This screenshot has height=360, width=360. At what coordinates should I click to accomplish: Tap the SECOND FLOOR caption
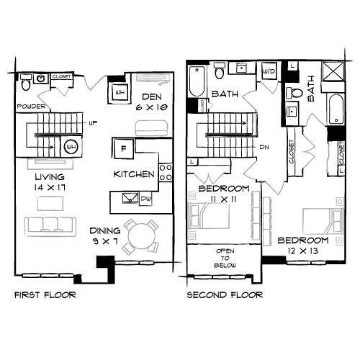[224, 295]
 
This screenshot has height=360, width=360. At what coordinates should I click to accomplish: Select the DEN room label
[150, 97]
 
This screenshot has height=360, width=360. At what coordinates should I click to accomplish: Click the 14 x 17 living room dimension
[49, 187]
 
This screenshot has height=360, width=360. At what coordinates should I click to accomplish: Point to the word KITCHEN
[134, 174]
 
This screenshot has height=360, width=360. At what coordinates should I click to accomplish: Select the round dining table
[140, 234]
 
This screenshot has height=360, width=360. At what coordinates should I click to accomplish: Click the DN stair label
[264, 147]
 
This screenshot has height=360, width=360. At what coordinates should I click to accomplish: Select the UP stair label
[92, 123]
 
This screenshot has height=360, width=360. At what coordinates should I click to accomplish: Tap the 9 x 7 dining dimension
[104, 241]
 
